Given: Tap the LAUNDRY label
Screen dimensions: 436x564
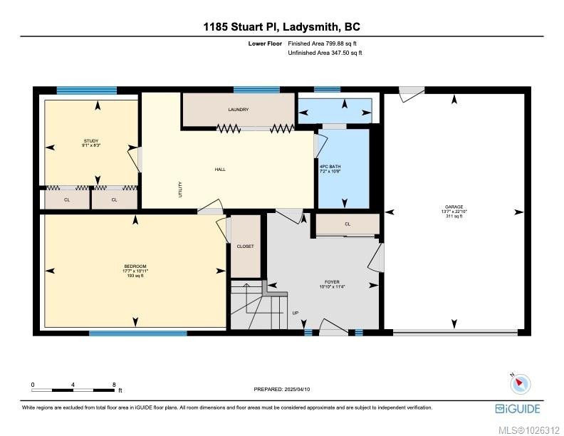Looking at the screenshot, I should tap(238, 110).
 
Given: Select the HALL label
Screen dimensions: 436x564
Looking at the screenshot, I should tap(220, 170).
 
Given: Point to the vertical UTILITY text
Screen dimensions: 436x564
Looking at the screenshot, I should tap(180, 189).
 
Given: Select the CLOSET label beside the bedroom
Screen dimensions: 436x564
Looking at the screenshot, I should tap(245, 246).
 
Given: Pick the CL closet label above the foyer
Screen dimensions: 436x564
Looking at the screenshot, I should tap(348, 224).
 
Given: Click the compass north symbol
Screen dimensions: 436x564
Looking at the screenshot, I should tap(521, 383).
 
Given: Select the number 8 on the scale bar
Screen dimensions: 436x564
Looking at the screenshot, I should tap(114, 384).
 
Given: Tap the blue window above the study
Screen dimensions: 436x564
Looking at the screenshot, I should tap(86, 90).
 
